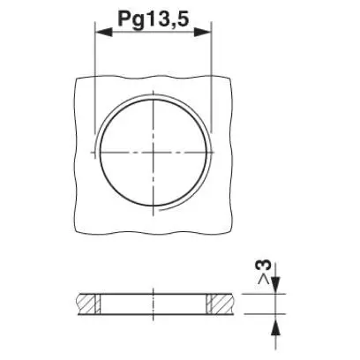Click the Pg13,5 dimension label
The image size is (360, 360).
pyautogui.click(x=153, y=19)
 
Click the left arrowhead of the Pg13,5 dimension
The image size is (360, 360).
pyautogui.click(x=103, y=32)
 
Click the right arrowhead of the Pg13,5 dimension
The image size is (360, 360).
pyautogui.click(x=203, y=32)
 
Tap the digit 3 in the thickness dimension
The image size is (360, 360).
pyautogui.click(x=265, y=266)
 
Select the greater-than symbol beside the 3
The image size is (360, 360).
pyautogui.click(x=264, y=280)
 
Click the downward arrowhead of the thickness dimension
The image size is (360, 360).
pyautogui.click(x=275, y=285)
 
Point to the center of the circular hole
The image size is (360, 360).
pyautogui.click(x=154, y=152)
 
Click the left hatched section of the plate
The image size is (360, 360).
pyautogui.click(x=86, y=304)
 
